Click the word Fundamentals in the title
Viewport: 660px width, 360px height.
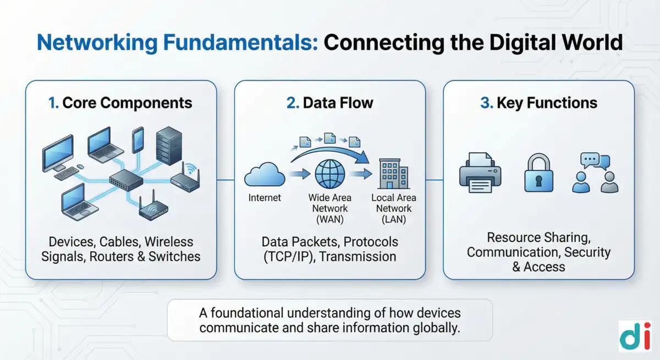click(240, 43)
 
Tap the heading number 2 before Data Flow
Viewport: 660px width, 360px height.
click(292, 103)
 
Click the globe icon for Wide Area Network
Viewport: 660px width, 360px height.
click(329, 174)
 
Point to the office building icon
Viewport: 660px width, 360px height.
click(393, 174)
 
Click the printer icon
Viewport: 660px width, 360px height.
click(480, 173)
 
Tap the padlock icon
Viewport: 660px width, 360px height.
click(538, 173)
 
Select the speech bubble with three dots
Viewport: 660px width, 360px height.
click(590, 160)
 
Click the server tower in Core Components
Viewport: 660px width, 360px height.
click(169, 146)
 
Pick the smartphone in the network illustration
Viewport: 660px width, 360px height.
click(138, 140)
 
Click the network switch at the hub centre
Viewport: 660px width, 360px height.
click(126, 180)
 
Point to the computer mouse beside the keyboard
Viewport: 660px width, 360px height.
click(80, 167)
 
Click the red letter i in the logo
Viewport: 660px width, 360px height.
click(647, 336)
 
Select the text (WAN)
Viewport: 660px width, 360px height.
click(329, 220)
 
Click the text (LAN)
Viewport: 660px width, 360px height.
click(394, 220)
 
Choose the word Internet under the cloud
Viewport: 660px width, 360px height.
click(265, 198)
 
